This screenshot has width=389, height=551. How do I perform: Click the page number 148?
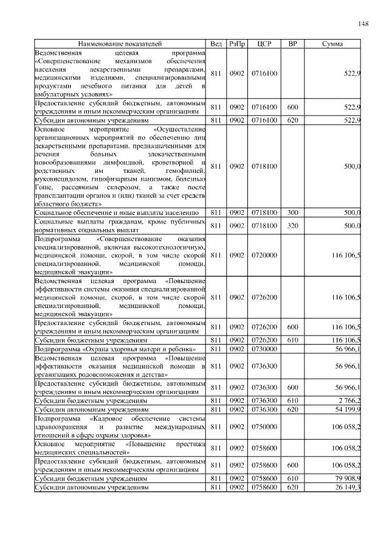pos(363,24)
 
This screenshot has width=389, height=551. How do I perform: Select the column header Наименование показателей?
pos(120,44)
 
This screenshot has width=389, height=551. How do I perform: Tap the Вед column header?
pos(216,44)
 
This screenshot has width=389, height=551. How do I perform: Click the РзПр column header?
pos(236,44)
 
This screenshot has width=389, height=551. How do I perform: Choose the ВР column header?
pos(292,44)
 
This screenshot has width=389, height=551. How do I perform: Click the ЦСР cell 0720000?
pos(264,256)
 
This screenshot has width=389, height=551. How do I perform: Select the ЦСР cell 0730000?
pos(264,349)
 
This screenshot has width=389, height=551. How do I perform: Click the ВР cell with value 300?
pos(292,212)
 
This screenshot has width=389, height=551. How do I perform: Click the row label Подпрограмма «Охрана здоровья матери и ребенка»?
pos(115,349)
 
